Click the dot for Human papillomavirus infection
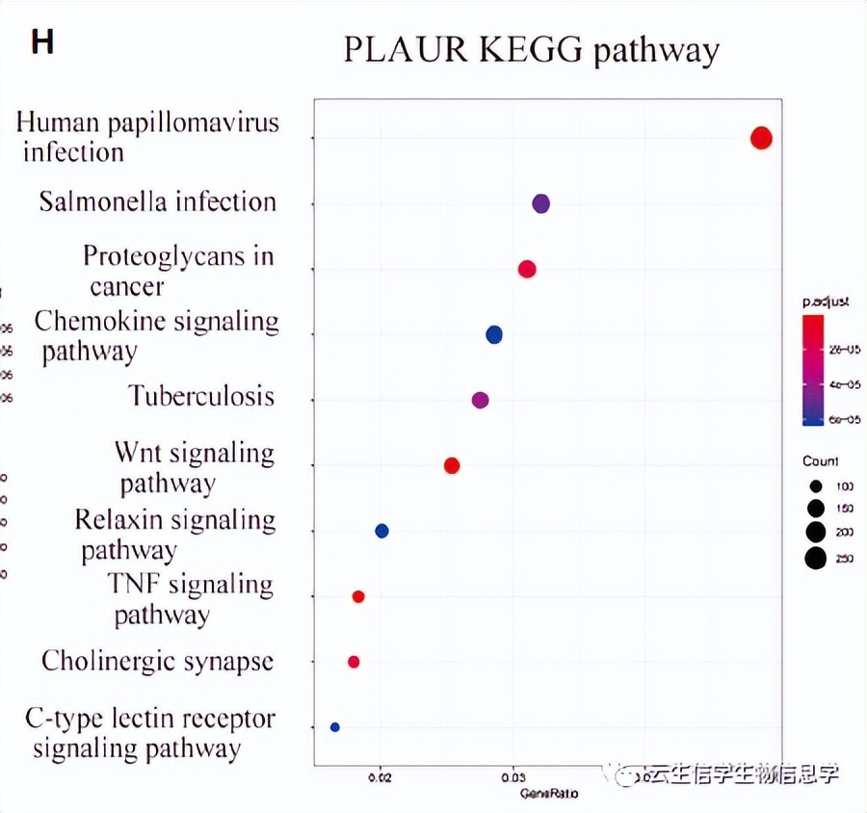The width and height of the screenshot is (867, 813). (761, 139)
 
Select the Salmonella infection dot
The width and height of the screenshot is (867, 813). (540, 203)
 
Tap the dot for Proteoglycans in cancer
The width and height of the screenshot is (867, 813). (527, 269)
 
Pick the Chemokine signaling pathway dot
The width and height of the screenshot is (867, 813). (494, 335)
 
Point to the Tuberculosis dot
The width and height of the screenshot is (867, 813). (481, 400)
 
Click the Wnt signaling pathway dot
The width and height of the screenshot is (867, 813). (452, 466)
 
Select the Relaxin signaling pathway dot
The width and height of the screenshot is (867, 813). (381, 531)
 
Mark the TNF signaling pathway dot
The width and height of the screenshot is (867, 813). (358, 597)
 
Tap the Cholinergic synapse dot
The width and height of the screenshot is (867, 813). (354, 662)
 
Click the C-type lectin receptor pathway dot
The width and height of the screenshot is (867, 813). (335, 727)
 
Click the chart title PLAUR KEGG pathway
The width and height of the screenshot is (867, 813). (531, 50)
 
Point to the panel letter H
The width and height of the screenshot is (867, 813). (42, 43)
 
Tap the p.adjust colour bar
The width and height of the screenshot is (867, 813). (813, 370)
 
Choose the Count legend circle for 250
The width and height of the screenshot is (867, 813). (816, 558)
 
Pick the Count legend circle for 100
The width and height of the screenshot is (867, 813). (815, 486)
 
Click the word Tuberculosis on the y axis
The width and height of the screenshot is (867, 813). (201, 396)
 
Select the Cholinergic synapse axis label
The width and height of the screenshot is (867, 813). (157, 662)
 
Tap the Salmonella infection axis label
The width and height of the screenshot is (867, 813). (158, 202)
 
